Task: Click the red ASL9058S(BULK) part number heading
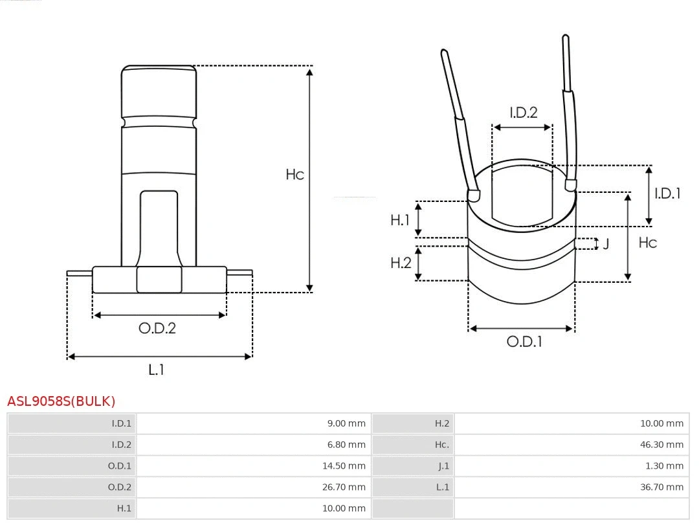tap(61, 401)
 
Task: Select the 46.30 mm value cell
tap(661, 445)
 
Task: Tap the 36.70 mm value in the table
tap(661, 487)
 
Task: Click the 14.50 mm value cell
tap(344, 466)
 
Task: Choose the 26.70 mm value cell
tap(344, 487)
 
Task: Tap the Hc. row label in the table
tap(441, 445)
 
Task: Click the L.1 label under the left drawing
tap(156, 370)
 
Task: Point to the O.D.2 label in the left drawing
tap(157, 328)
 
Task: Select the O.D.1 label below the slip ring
tap(524, 342)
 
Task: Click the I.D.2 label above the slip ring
tap(523, 113)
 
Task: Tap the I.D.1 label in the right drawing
tap(667, 193)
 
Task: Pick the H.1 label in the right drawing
tap(400, 220)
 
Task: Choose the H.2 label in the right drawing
tap(400, 262)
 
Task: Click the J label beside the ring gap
tap(606, 244)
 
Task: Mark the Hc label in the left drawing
tap(294, 174)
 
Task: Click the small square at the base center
tap(159, 280)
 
